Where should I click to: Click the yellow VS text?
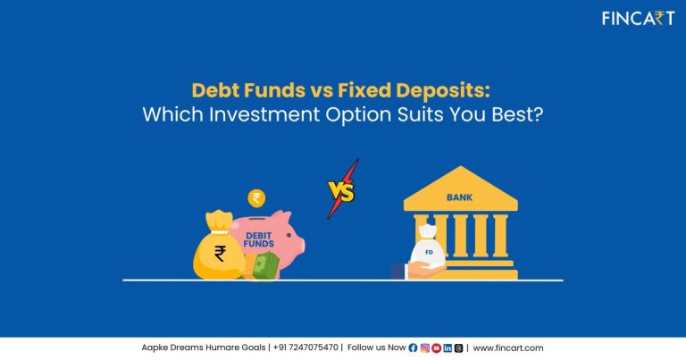[340, 191]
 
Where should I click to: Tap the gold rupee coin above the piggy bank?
[256, 197]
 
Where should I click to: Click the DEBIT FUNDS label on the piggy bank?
[259, 238]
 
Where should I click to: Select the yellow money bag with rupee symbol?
[220, 252]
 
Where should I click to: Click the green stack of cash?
[266, 265]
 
